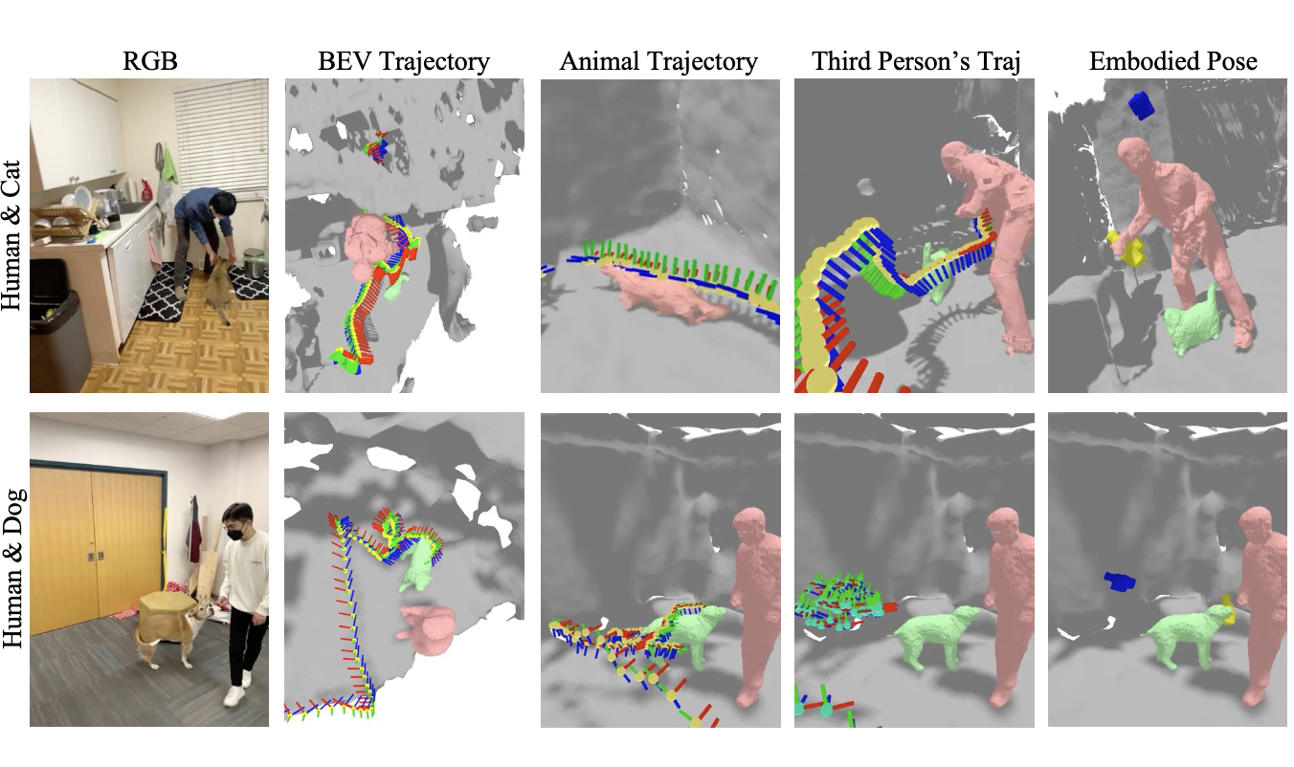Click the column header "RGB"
pos(149,63)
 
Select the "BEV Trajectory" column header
pos(404,63)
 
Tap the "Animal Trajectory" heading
pos(658,63)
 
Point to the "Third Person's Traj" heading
pos(913,63)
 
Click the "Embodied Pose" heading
pos(1172,63)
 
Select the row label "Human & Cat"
pos(13,235)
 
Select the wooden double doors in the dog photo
pos(95,545)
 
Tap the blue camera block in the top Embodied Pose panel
pos(1141,104)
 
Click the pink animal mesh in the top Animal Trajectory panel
pos(660,292)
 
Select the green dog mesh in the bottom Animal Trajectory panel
pos(689,636)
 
